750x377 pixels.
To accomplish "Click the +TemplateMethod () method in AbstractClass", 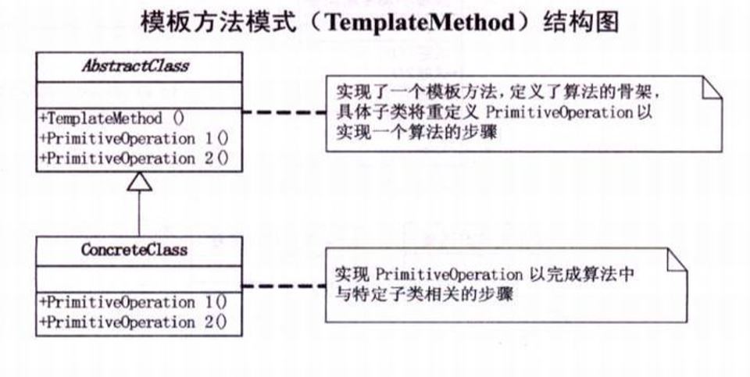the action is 111,119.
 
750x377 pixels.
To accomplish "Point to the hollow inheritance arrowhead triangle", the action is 138,182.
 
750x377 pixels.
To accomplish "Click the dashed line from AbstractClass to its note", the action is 284,112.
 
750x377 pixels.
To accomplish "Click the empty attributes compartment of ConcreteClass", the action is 138,277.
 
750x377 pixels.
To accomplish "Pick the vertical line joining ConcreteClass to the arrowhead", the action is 138,215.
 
